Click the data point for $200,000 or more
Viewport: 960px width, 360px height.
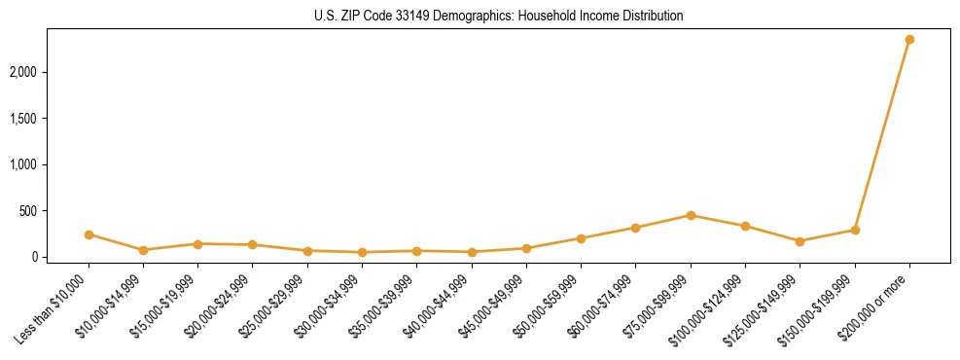click(x=909, y=39)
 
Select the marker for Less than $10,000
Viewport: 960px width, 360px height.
click(x=89, y=234)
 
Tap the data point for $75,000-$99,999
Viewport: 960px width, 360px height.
click(x=691, y=215)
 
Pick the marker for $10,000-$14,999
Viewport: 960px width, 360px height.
click(x=143, y=250)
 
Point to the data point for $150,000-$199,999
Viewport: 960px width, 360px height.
click(x=855, y=230)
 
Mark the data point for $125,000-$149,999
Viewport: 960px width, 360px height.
click(x=800, y=241)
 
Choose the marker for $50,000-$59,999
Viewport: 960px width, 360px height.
click(x=581, y=238)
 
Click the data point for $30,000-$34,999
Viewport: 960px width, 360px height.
click(x=362, y=252)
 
